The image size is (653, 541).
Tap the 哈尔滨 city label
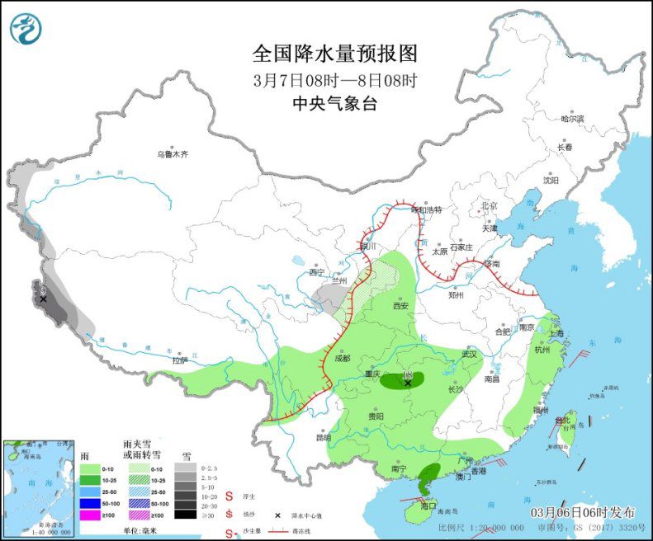tap(572, 119)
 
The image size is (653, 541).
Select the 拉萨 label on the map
tap(180, 360)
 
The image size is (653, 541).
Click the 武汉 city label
tap(470, 354)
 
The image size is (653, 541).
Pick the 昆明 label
tap(322, 437)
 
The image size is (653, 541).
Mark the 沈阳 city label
tap(551, 180)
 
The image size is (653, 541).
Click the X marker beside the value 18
tap(408, 383)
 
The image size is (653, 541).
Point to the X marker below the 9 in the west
tap(43, 299)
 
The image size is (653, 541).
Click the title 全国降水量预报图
tap(335, 54)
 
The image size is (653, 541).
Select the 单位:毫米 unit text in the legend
tap(141, 531)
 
